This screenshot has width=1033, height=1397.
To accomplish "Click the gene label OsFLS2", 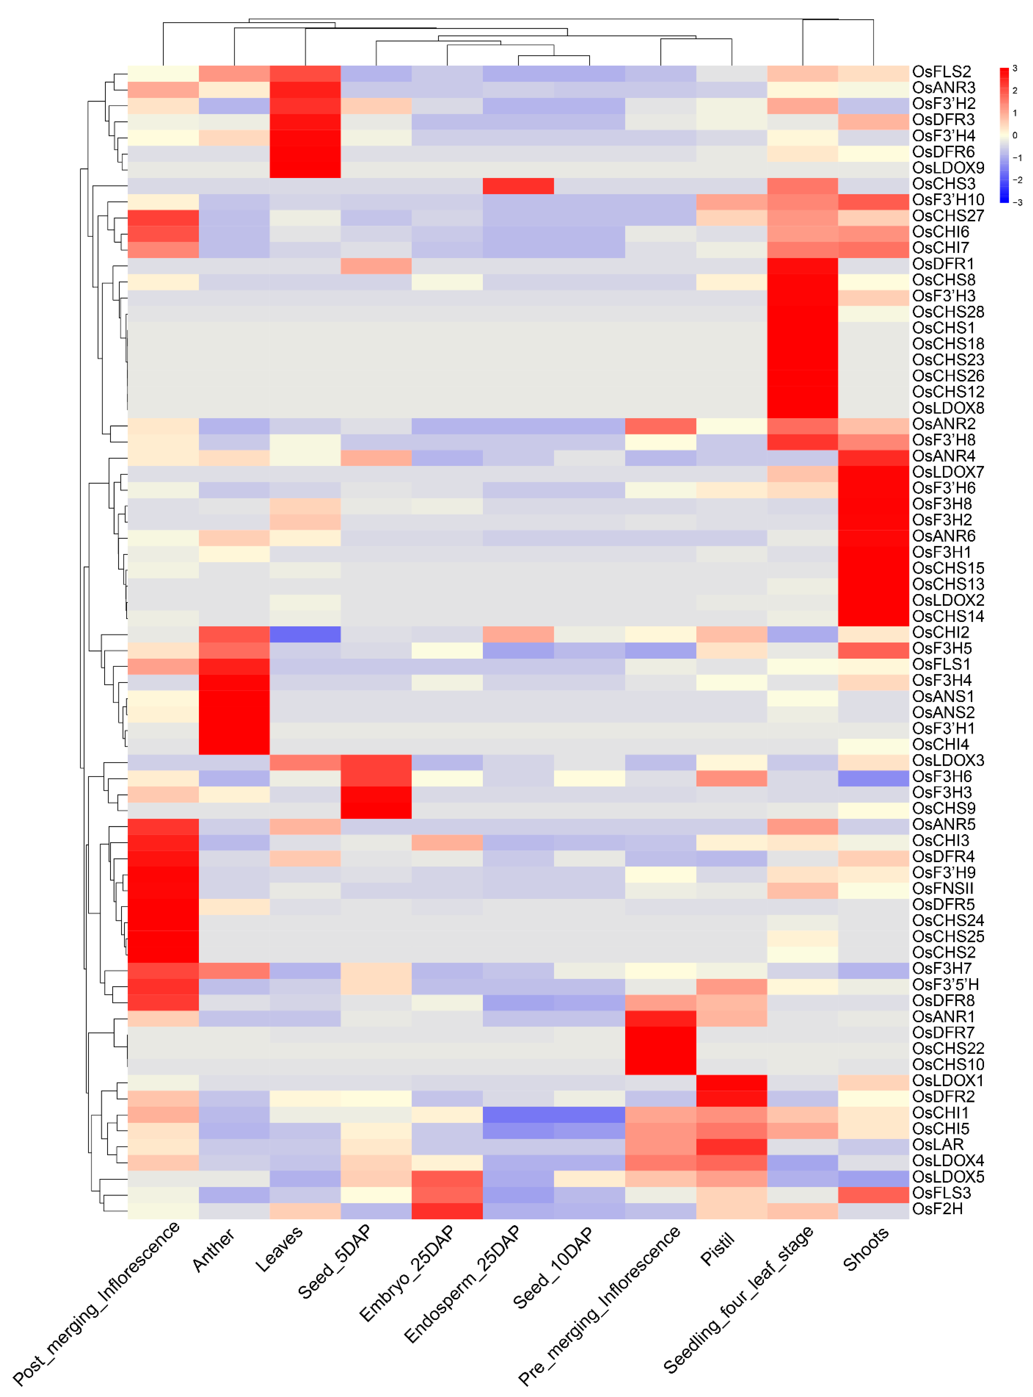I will pyautogui.click(x=941, y=72).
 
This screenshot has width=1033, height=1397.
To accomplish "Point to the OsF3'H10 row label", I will pyautogui.click(x=947, y=200).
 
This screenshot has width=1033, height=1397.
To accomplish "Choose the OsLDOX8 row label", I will pyautogui.click(x=947, y=408).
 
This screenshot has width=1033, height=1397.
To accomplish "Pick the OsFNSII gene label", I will pyautogui.click(x=942, y=888).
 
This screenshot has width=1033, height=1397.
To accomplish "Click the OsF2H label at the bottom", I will pyautogui.click(x=937, y=1209).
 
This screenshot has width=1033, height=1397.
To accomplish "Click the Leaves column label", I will pyautogui.click(x=278, y=1249).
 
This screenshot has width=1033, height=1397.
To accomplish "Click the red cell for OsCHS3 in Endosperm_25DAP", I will pyautogui.click(x=518, y=186).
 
